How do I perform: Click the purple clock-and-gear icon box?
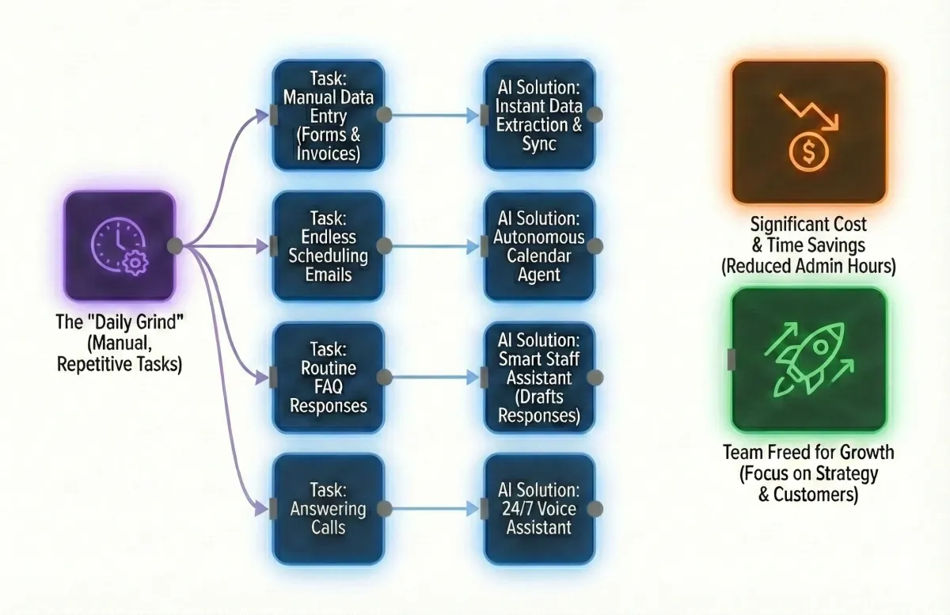(x=120, y=246)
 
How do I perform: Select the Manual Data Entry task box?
(x=328, y=116)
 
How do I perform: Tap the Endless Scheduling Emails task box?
(x=328, y=246)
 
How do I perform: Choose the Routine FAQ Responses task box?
(x=328, y=378)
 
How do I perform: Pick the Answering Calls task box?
(x=328, y=509)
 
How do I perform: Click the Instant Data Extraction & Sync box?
(x=539, y=116)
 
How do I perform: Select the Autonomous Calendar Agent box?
(x=539, y=246)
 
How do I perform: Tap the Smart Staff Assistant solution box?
(x=539, y=378)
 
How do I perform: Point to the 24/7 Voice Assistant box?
(x=539, y=509)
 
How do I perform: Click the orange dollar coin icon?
(x=807, y=150)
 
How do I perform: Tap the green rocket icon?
(x=807, y=360)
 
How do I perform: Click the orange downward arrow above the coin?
(x=807, y=111)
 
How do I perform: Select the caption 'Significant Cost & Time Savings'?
(x=808, y=234)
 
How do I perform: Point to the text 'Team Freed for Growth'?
(x=808, y=453)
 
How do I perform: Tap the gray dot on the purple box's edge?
(x=175, y=246)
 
